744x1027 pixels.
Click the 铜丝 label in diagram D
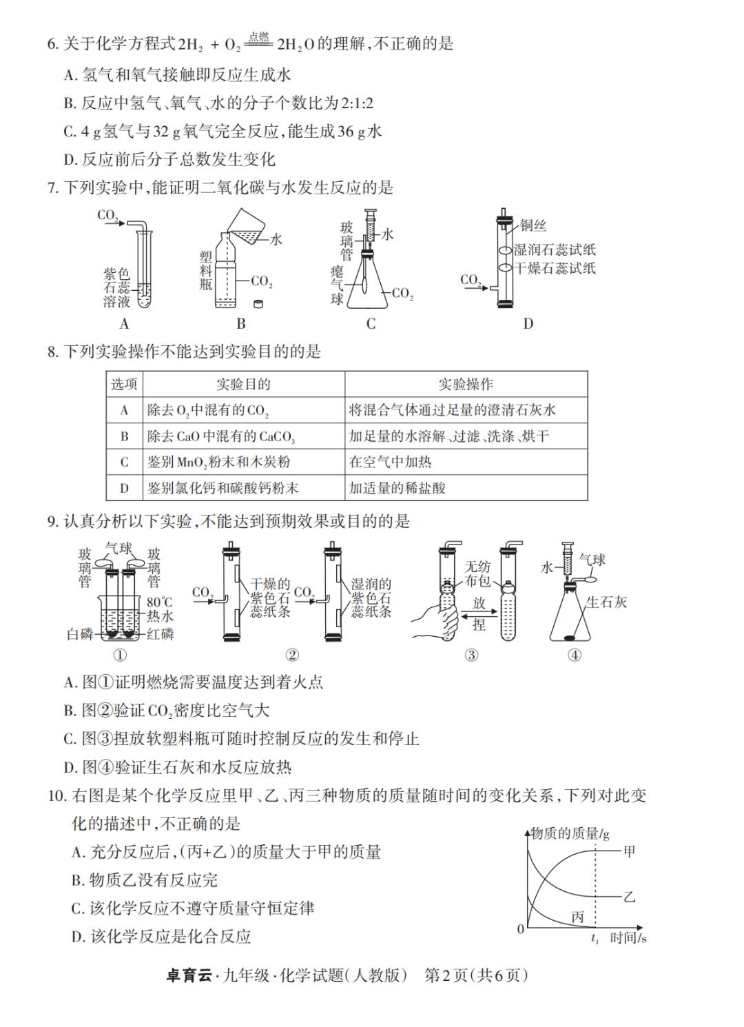(533, 225)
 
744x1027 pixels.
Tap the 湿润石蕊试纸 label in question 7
(555, 250)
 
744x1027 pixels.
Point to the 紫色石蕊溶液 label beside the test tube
(116, 287)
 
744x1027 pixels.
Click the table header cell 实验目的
(243, 384)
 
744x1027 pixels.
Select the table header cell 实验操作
(466, 384)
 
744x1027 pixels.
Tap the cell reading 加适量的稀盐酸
(397, 488)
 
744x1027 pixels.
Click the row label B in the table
(125, 436)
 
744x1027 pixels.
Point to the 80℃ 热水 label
(159, 609)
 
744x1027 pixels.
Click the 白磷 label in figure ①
(80, 634)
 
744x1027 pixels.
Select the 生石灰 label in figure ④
(606, 602)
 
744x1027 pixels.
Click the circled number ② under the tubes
(292, 655)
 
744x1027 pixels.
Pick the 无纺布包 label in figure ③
(477, 573)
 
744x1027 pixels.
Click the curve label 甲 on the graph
(629, 851)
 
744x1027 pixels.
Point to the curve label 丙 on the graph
(577, 917)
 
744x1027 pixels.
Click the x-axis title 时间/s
(628, 937)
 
